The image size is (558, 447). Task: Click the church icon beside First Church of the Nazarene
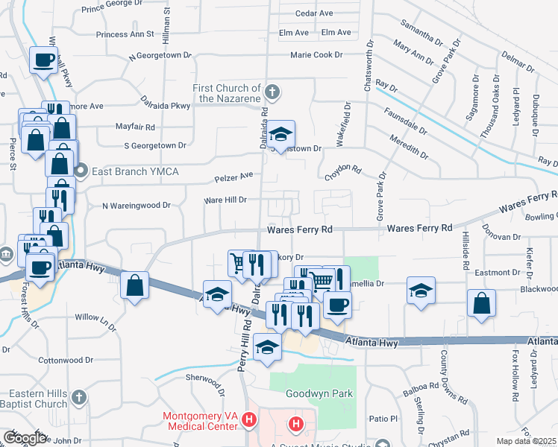pyautogui.click(x=272, y=92)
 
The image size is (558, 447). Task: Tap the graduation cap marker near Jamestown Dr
pyautogui.click(x=281, y=134)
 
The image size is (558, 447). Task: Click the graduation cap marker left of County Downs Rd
pyautogui.click(x=421, y=291)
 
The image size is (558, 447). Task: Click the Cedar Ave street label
pyautogui.click(x=314, y=13)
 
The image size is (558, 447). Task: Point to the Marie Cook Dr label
pyautogui.click(x=316, y=54)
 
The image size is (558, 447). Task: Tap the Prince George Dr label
pyautogui.click(x=113, y=9)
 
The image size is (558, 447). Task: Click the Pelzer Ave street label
pyautogui.click(x=234, y=176)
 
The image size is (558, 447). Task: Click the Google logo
pyautogui.click(x=25, y=438)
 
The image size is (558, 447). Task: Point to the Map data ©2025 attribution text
pyautogui.click(x=526, y=441)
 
